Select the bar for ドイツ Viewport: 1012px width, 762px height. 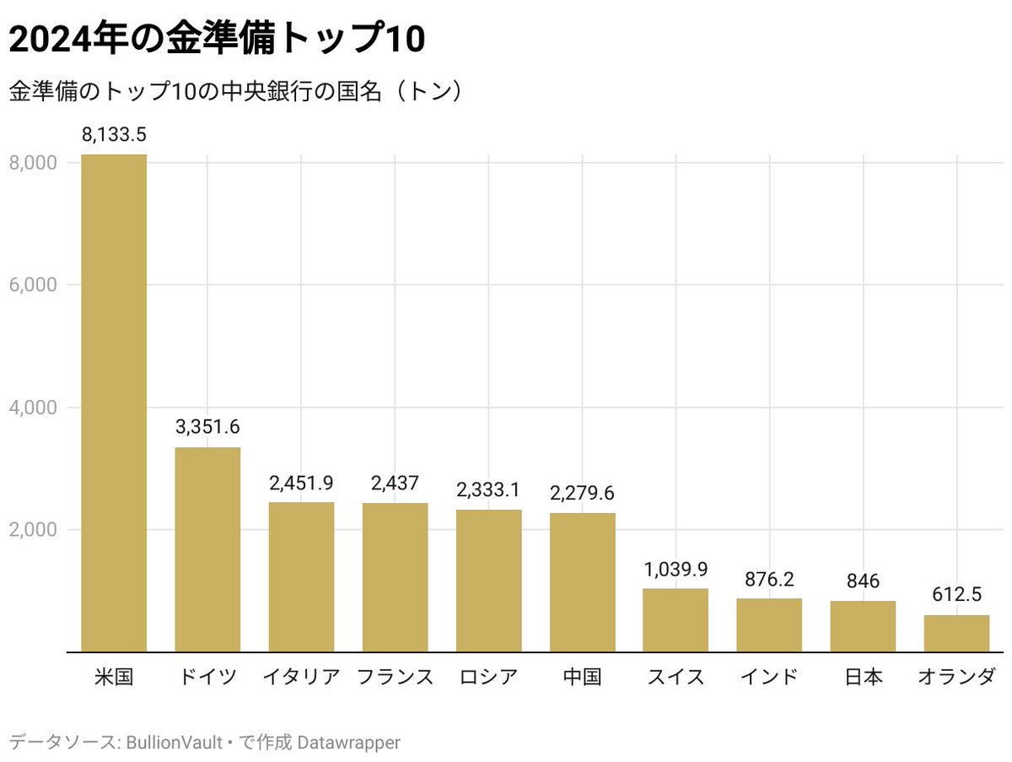(207, 549)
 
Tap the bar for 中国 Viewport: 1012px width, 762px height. (583, 582)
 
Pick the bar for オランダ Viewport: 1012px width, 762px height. (956, 634)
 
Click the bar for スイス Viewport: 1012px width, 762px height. (676, 620)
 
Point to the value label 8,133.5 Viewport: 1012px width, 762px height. (114, 135)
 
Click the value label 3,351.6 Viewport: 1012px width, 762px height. (207, 428)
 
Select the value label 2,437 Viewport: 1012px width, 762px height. (395, 484)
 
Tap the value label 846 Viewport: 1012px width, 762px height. (863, 581)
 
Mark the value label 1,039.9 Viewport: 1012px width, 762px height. (676, 569)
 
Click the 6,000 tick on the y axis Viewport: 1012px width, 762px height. (33, 285)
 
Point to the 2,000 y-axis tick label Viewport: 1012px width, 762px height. (33, 530)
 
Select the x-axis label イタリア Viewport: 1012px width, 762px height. (301, 677)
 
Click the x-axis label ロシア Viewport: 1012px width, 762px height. (488, 677)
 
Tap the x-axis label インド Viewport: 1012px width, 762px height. (769, 677)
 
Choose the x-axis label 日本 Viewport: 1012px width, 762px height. (863, 677)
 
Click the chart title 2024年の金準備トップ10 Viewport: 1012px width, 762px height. (216, 41)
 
